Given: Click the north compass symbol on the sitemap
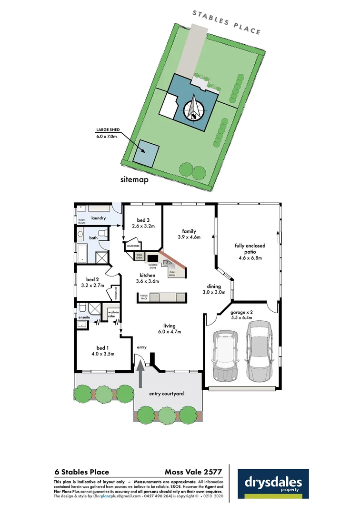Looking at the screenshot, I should tap(194, 108).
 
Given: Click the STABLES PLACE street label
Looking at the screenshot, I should tap(227, 22).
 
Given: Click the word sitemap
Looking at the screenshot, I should tap(135, 180).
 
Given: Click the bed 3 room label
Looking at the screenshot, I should tap(143, 223).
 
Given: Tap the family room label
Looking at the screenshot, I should tap(189, 234).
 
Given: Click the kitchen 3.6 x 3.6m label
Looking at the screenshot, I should tap(146, 278).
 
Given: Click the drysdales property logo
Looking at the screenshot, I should tap(273, 484).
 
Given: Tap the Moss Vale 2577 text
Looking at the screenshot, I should tap(193, 472).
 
